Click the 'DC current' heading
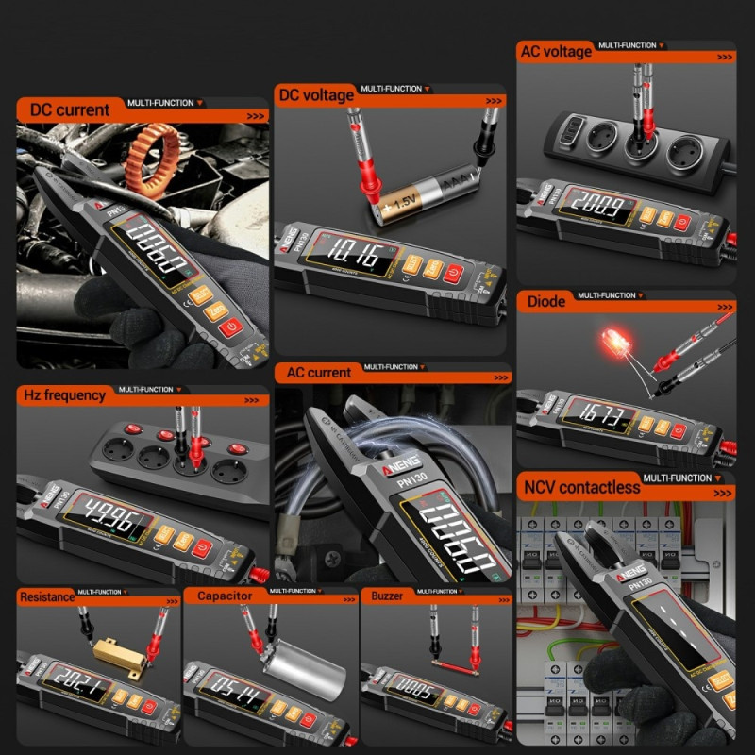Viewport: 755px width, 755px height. [x=70, y=109]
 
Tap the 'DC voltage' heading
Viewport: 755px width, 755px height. [x=316, y=94]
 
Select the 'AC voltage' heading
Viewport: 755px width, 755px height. [x=556, y=52]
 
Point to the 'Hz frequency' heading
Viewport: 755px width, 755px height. [x=62, y=395]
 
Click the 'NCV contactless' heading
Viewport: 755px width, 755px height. [x=580, y=487]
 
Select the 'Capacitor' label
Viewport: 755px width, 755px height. [x=225, y=596]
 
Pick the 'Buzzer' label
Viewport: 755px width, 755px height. [x=387, y=596]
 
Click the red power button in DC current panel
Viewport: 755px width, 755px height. [x=231, y=328]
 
